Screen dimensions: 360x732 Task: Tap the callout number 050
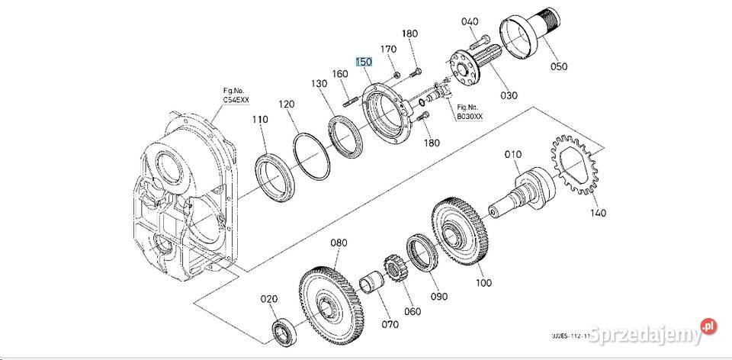pyautogui.click(x=559, y=66)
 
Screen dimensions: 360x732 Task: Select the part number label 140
pyautogui.click(x=598, y=213)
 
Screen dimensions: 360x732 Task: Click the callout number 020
pyautogui.click(x=269, y=299)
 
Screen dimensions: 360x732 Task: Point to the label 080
pyautogui.click(x=339, y=243)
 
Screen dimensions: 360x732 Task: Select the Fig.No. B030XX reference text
pyautogui.click(x=467, y=112)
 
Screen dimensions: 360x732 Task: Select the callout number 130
pyautogui.click(x=318, y=83)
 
